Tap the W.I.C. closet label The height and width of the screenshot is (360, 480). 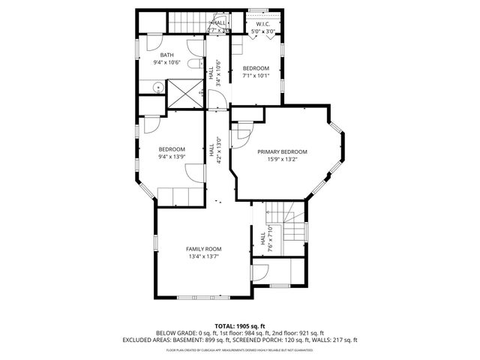(x=262, y=24)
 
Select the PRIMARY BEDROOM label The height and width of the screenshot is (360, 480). (x=283, y=151)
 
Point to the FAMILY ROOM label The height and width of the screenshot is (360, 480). (x=204, y=249)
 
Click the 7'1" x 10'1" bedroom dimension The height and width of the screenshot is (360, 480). (x=255, y=76)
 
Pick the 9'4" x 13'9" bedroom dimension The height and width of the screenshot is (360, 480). (x=171, y=157)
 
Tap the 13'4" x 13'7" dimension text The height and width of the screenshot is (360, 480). (x=204, y=256)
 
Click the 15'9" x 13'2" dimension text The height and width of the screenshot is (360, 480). (x=283, y=159)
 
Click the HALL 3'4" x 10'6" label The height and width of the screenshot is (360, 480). (x=214, y=73)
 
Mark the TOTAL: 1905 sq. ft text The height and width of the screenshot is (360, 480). (x=240, y=326)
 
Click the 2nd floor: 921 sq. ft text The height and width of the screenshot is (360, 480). (x=300, y=333)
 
